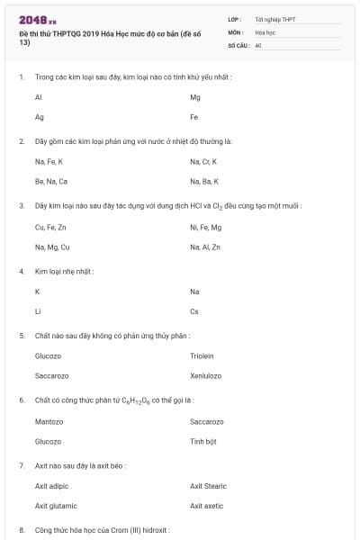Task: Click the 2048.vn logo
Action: coord(37,19)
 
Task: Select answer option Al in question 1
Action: coord(39,96)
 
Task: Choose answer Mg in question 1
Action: coord(195,96)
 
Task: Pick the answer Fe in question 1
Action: coord(194,117)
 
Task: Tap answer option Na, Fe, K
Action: coord(49,161)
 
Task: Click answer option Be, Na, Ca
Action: coord(50,181)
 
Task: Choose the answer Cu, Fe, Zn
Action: coord(50,227)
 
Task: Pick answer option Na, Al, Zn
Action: coord(205,247)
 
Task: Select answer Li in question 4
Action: coord(38,311)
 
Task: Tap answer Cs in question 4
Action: coord(194,311)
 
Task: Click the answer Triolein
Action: coord(202,355)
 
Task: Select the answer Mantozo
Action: coord(49,421)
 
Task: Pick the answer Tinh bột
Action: coord(203,441)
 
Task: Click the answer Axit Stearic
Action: coord(208,486)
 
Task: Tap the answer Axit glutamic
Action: coord(56,506)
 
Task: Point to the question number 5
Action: coord(22,336)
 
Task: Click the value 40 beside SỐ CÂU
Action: coord(258,44)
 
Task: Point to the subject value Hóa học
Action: coord(265,31)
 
